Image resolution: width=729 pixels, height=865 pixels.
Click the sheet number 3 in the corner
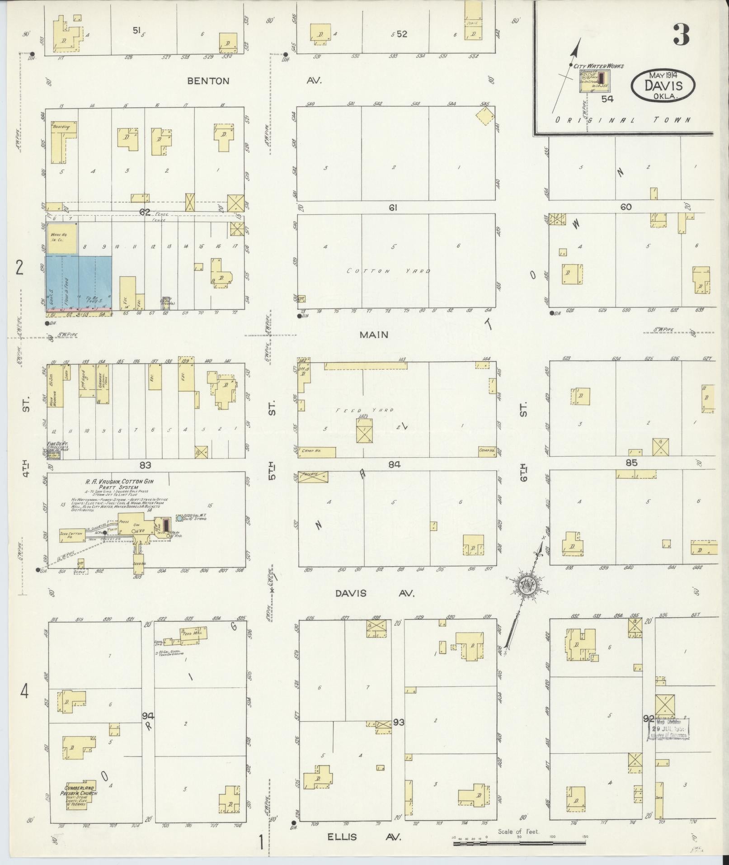click(681, 35)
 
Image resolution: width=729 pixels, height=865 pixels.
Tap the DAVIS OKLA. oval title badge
click(663, 85)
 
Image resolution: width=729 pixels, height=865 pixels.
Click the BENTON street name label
click(208, 81)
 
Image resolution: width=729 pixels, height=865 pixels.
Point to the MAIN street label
click(374, 335)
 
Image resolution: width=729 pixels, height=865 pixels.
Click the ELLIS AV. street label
click(364, 837)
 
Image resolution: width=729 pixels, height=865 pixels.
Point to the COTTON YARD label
click(389, 271)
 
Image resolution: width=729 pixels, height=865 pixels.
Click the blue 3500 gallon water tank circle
click(179, 517)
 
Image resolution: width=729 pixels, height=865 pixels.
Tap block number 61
click(393, 208)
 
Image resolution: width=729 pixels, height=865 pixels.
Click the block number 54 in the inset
click(607, 98)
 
